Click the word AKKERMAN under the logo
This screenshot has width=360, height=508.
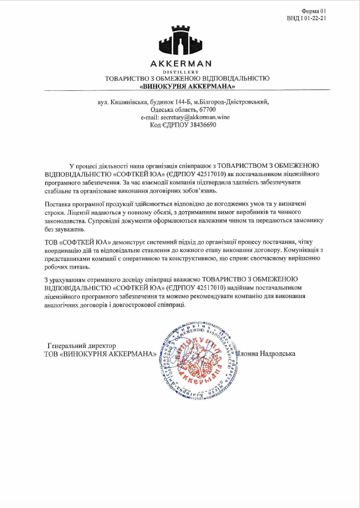pos(180,64)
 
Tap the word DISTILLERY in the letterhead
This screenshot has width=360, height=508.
pos(180,72)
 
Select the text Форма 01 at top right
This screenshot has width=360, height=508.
pos(315,11)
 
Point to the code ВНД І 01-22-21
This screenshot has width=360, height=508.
pos(307,18)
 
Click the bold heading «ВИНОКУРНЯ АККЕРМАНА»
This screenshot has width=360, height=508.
pos(187,86)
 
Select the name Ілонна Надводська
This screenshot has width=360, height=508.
pos(266,353)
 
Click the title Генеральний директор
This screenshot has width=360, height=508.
pos(82,346)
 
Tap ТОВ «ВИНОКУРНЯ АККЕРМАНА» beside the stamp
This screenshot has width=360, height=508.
pos(100,354)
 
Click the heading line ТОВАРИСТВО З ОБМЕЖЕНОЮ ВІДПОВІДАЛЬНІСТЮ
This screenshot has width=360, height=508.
pos(187,79)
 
